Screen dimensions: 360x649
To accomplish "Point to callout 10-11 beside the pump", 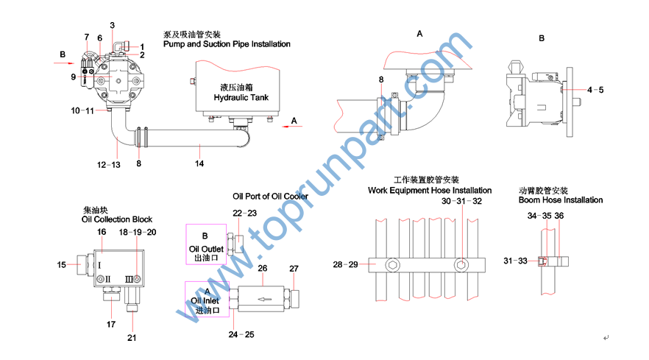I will (82, 110).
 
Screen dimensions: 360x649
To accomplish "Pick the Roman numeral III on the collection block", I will (130, 280).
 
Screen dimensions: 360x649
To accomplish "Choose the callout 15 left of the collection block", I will (62, 264).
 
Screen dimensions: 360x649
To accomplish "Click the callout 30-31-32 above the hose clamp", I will (462, 201).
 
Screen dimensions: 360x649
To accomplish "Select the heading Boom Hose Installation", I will (561, 200).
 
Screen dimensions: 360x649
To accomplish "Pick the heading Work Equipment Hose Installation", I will (430, 190).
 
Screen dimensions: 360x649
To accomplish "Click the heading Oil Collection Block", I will (117, 219).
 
